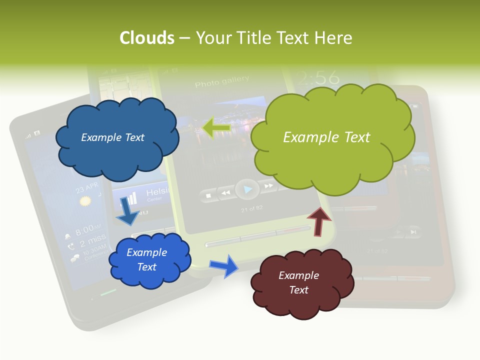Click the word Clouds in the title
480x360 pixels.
click(147, 38)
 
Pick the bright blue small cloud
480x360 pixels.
click(149, 260)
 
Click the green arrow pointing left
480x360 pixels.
click(216, 127)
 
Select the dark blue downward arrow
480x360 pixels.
click(128, 211)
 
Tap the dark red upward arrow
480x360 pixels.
click(318, 220)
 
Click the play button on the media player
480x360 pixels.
click(247, 189)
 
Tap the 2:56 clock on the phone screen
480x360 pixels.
click(317, 77)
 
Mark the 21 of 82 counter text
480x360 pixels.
click(251, 208)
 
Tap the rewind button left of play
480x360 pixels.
click(226, 192)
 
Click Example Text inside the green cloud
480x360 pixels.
click(326, 137)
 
